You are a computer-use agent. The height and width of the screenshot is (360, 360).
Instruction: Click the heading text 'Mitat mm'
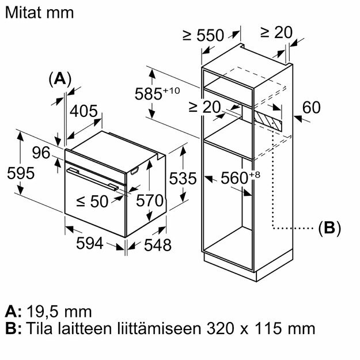(x=40, y=13)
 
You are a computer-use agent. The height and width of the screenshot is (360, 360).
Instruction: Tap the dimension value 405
(x=84, y=112)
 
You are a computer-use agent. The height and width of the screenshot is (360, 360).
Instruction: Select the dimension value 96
(x=41, y=153)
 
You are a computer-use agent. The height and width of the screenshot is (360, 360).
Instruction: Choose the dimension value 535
(x=183, y=179)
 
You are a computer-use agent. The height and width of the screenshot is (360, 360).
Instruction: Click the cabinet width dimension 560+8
(x=234, y=179)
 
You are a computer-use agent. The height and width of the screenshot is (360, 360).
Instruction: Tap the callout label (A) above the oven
(x=59, y=79)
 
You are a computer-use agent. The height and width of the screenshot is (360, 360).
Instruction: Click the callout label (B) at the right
(x=329, y=228)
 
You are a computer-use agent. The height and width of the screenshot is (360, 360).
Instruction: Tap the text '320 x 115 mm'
(x=259, y=328)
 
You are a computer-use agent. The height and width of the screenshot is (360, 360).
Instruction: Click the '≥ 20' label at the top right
(x=276, y=32)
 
